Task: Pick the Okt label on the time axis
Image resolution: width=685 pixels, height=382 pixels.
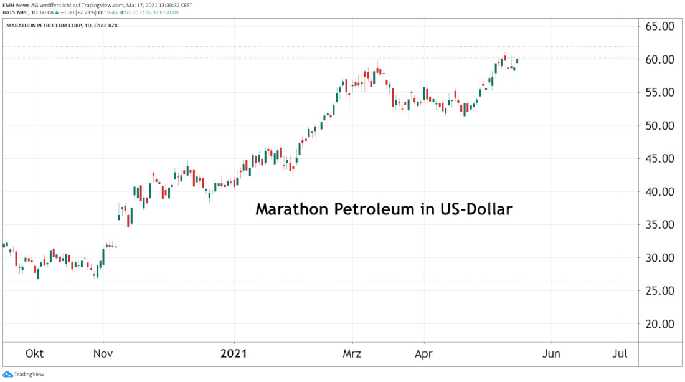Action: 35,353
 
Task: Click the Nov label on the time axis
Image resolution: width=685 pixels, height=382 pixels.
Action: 103,353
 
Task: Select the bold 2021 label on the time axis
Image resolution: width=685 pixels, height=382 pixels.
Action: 234,353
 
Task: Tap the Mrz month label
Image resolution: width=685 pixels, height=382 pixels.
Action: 352,353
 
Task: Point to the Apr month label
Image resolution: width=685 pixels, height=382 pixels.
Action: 424,353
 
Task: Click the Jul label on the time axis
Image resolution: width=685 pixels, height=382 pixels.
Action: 620,353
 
